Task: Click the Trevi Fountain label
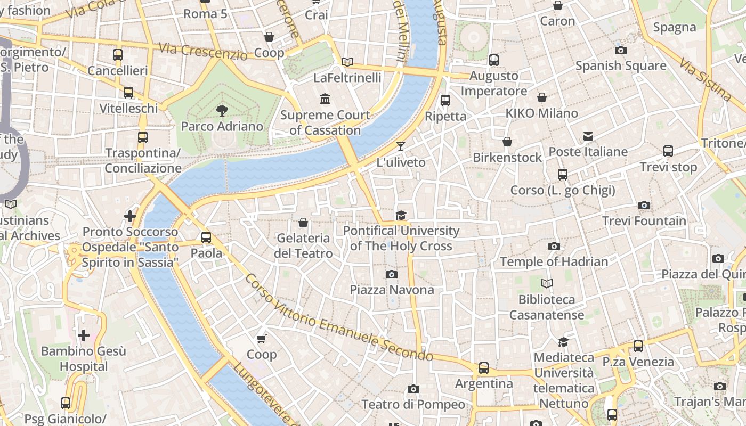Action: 644,220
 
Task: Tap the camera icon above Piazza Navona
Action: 392,274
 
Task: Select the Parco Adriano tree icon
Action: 222,111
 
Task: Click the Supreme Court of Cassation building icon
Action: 325,99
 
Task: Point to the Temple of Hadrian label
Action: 554,261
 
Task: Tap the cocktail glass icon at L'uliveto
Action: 401,146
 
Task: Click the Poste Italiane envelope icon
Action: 588,136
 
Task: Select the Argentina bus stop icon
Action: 483,367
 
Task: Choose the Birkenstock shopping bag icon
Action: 507,142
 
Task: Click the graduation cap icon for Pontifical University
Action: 401,215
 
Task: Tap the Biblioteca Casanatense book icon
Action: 546,283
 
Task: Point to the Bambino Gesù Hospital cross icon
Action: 84,335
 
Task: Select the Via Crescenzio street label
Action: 203,51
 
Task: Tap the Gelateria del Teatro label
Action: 303,245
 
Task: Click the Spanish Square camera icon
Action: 621,50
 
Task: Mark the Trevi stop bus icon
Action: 668,151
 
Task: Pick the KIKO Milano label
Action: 541,113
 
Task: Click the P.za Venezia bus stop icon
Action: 638,346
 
